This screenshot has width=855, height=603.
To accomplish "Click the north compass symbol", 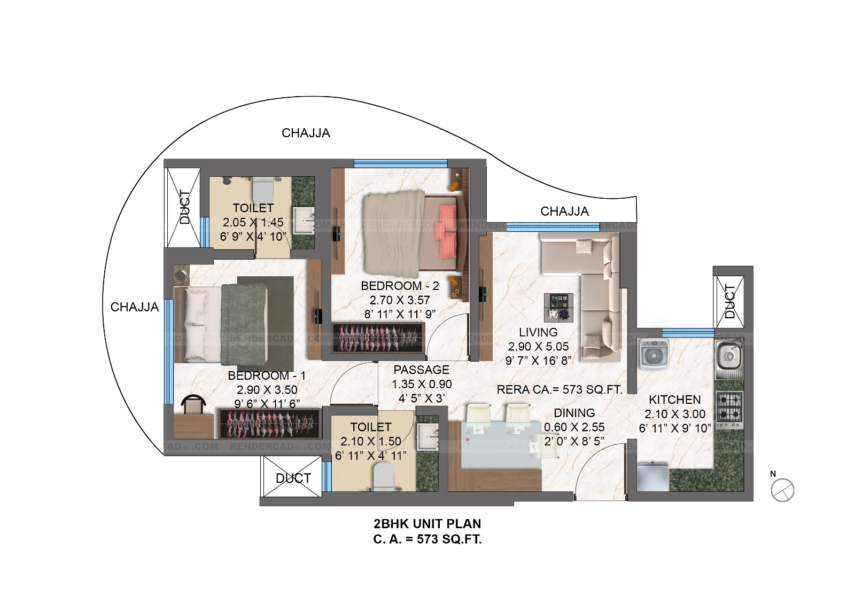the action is (782, 490).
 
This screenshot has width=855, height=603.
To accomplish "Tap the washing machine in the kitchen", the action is (654, 354).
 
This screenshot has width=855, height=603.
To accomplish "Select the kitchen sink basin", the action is (729, 356).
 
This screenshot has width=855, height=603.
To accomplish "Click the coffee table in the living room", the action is (558, 308).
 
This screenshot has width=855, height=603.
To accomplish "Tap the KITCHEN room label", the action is (675, 400).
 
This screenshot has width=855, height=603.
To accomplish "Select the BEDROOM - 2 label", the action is (400, 286).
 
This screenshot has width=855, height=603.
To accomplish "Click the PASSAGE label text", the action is (422, 370).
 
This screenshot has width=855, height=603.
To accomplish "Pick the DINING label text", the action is (574, 413).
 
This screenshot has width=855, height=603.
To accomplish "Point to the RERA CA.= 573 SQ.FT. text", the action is (559, 389).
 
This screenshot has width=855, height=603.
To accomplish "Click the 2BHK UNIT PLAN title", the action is (427, 523).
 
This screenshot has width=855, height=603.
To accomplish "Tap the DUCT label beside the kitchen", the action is (729, 301).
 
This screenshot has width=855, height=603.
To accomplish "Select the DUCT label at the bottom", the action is (293, 478).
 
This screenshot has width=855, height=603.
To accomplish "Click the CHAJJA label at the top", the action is (306, 133).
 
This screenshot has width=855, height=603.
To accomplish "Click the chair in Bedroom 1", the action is (193, 404).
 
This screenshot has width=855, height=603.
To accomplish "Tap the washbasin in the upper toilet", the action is (304, 220).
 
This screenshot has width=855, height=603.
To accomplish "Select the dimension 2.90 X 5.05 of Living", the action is (538, 346).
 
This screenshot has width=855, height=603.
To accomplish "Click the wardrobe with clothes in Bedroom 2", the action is (378, 338).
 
